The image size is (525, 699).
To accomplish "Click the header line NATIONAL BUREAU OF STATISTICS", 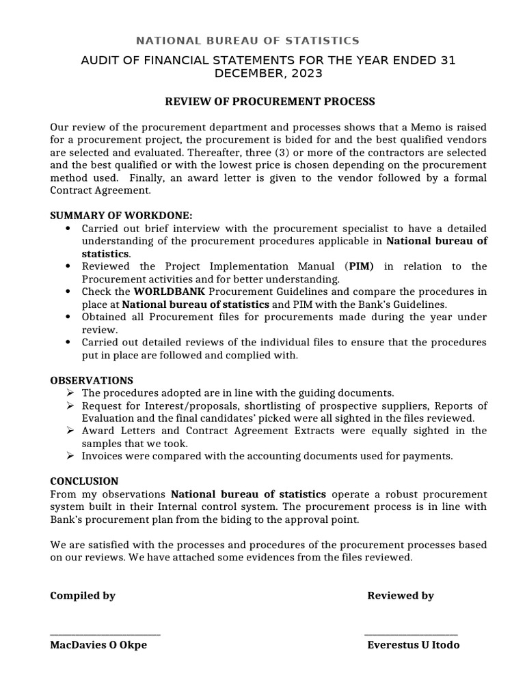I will [247, 41].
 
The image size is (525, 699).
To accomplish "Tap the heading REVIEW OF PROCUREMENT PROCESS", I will [271, 102].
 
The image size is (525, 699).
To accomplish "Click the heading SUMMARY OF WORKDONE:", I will [121, 215].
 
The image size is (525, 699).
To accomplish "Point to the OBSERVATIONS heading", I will [92, 380].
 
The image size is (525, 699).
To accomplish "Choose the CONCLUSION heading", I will [84, 481].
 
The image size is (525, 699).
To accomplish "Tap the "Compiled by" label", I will [83, 595].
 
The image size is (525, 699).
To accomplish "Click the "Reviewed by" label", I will [401, 595].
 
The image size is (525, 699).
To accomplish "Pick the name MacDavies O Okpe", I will [98, 645].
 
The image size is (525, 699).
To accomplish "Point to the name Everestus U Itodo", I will [414, 645].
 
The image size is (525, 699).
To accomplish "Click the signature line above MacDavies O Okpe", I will [105, 635].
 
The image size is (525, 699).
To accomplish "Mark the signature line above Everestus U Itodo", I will [411, 635].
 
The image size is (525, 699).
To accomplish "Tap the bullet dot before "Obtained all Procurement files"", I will [66, 317].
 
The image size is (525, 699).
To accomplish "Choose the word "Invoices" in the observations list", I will [102, 456].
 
